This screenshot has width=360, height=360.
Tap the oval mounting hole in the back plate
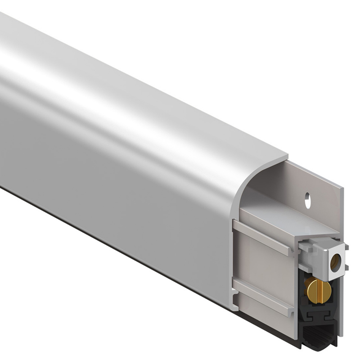click(308, 200)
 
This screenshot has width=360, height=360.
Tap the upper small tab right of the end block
click(347, 247)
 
